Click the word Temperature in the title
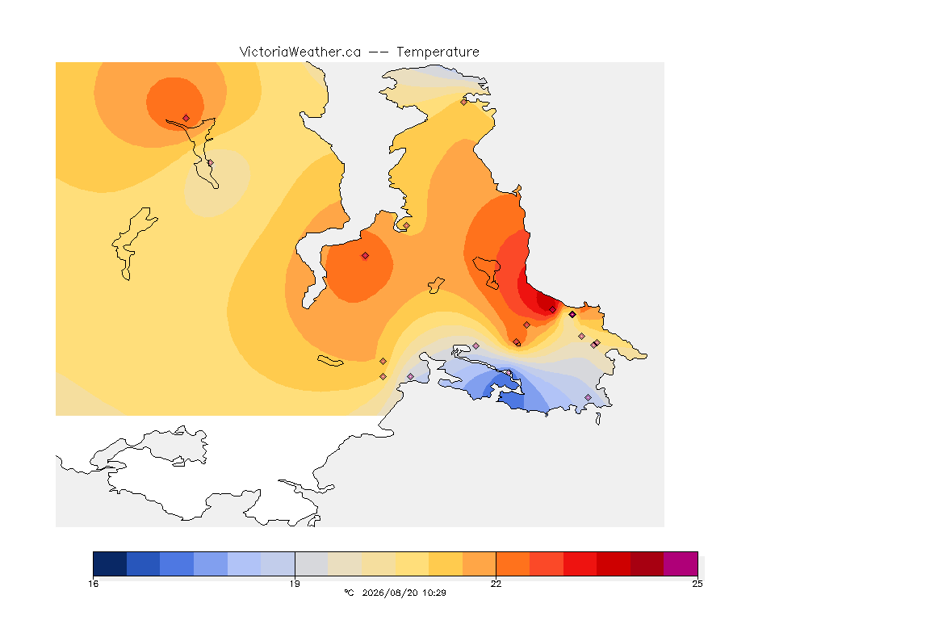438,52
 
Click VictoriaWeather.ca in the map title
300,52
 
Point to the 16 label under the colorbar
93,584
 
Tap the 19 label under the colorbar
295,584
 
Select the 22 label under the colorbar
496,584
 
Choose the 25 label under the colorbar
697,584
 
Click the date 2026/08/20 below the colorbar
387,593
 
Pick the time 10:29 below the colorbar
434,593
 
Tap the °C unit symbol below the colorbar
349,593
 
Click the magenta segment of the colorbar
681,563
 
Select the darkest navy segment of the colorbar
110,563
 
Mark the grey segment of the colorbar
312,563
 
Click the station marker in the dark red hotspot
553,310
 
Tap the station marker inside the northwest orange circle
186,118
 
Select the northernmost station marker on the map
464,102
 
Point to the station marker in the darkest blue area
509,373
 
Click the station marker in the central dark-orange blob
366,256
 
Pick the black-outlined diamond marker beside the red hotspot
572,315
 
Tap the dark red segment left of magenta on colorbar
647,563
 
